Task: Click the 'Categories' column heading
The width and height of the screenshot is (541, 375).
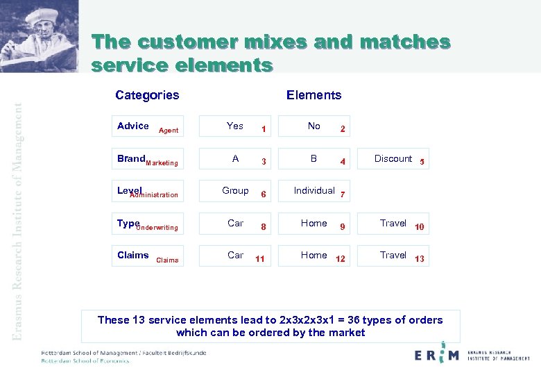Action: pos(147,95)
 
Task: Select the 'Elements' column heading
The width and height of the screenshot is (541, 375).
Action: pos(314,95)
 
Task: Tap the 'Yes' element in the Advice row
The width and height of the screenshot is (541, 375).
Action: pos(235,126)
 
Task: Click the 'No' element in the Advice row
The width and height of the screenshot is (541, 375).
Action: pos(314,126)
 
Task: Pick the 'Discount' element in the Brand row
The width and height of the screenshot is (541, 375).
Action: pos(393,158)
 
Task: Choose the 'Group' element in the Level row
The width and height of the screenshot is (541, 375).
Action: pos(235,190)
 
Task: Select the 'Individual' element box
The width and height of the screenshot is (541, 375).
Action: pos(314,190)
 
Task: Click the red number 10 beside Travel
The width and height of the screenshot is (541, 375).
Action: pos(420,227)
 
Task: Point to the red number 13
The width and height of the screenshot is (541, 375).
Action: pos(420,259)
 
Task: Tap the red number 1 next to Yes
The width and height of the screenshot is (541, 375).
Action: pos(263,129)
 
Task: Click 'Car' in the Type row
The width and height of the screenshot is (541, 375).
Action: pos(235,223)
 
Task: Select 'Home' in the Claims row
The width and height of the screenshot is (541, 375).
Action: pos(314,255)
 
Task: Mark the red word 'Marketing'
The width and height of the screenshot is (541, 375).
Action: pos(162,163)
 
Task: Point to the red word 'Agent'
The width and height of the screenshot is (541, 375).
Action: pos(169,131)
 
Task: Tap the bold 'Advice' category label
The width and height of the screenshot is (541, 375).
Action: pos(133,126)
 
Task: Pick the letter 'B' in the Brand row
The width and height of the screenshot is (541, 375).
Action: pos(314,158)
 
